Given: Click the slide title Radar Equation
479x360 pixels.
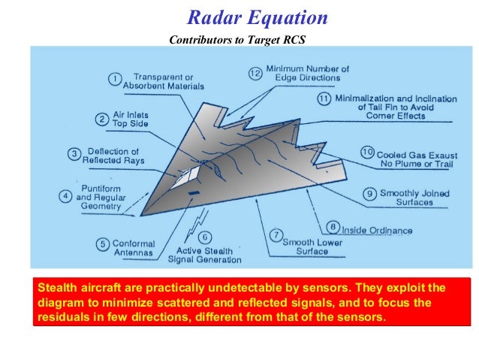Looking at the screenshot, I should (257, 17).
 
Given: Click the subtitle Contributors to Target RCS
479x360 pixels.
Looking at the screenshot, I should (238, 40).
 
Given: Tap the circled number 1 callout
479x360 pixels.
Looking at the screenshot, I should (115, 79).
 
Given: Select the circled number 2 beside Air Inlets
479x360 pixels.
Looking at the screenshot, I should (102, 119).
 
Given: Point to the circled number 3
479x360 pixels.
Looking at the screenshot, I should (74, 155).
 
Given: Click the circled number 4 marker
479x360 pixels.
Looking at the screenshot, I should (66, 195).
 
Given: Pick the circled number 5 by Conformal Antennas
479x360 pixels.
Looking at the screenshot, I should (101, 244).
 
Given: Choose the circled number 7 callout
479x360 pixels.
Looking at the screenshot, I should (275, 234).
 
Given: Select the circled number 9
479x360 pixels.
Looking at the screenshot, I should (369, 194).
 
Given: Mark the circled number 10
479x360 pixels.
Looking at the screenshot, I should (367, 153).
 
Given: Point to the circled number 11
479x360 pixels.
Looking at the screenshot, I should (324, 98).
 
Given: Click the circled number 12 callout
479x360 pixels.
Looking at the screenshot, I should (255, 73).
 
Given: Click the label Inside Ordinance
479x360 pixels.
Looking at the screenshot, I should (377, 231).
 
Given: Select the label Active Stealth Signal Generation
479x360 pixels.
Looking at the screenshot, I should (208, 256).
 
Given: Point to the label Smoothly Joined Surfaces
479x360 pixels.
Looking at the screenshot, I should (415, 198).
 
